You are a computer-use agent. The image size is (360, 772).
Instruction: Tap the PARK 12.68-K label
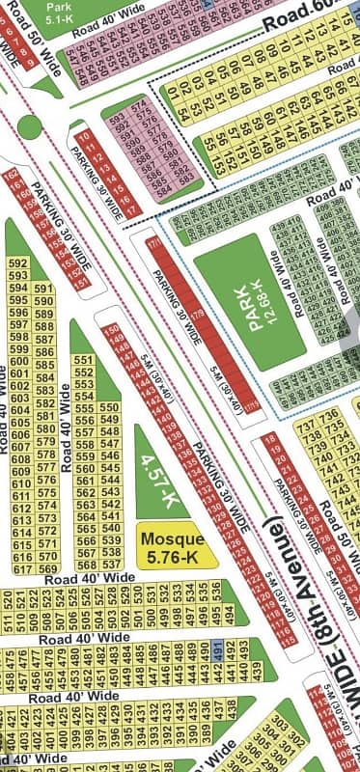[x=252, y=307]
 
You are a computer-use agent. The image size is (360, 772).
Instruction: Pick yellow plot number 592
[x=17, y=262]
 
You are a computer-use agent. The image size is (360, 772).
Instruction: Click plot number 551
[x=84, y=359]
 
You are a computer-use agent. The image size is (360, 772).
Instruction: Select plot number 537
[x=110, y=565]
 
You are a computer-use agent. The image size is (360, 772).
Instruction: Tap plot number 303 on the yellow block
[x=283, y=725]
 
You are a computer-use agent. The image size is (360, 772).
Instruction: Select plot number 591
[x=42, y=289]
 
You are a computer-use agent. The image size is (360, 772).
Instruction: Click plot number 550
[x=110, y=408]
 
